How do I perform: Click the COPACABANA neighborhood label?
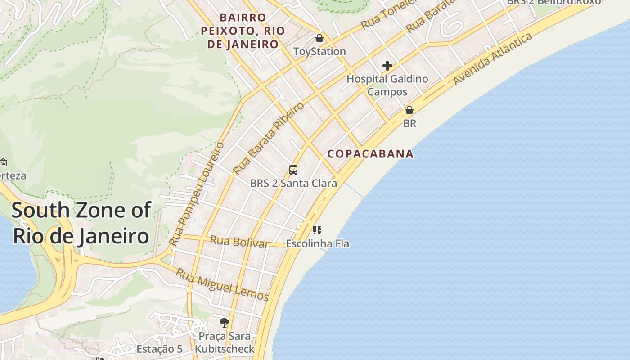[370, 154]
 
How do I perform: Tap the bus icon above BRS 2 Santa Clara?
[293, 170]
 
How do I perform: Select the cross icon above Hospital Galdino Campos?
[387, 66]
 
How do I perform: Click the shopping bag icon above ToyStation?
[319, 38]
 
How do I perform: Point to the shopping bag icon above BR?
[409, 110]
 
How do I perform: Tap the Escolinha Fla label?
[318, 244]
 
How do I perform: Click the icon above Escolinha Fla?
[317, 230]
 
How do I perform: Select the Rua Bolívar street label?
[239, 242]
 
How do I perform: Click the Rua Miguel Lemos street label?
[222, 285]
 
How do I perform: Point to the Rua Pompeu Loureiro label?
[197, 194]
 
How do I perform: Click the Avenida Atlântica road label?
[493, 59]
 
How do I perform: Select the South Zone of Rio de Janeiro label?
[81, 223]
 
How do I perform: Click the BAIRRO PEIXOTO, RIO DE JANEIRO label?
[243, 31]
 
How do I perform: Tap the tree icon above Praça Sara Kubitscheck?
[225, 322]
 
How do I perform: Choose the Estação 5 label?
[159, 349]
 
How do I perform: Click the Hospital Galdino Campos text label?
[387, 85]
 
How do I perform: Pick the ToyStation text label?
[319, 52]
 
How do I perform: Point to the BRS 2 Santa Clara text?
[293, 184]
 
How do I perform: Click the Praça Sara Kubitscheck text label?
[225, 342]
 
